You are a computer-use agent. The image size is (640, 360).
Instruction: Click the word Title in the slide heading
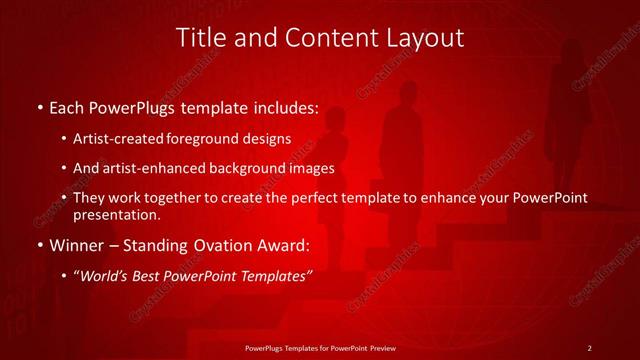(201, 38)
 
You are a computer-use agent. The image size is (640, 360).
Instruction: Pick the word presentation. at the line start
(115, 214)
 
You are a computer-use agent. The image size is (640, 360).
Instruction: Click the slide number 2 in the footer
(589, 348)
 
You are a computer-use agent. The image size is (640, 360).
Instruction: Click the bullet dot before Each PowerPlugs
(39, 106)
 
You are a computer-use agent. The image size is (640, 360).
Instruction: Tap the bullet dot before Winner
(39, 244)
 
